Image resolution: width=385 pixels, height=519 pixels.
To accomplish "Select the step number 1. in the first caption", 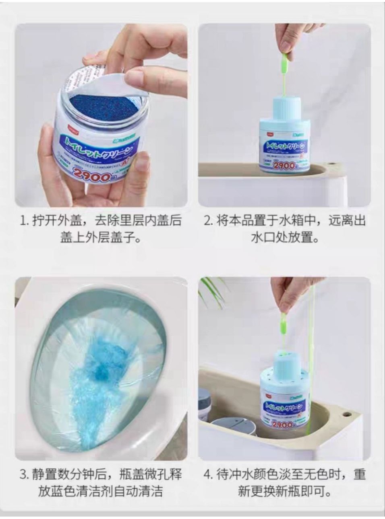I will tap(25, 221).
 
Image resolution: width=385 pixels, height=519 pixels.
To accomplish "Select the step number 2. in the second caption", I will tap(208, 221).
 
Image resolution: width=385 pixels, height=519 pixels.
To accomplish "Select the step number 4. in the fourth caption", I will tap(208, 474).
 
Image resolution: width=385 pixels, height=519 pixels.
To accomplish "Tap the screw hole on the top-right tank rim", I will tap(333, 164).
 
